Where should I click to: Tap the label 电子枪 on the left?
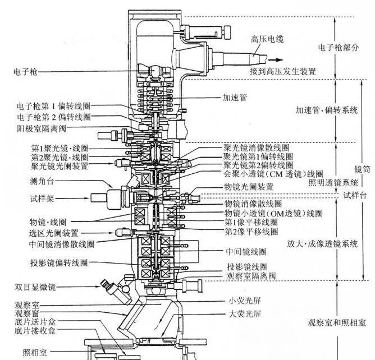point(25,71)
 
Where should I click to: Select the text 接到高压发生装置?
point(284,71)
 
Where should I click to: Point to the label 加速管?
point(234,97)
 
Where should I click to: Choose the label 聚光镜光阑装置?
point(60,166)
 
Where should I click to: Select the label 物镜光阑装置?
point(249,186)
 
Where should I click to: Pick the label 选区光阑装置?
point(54,232)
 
